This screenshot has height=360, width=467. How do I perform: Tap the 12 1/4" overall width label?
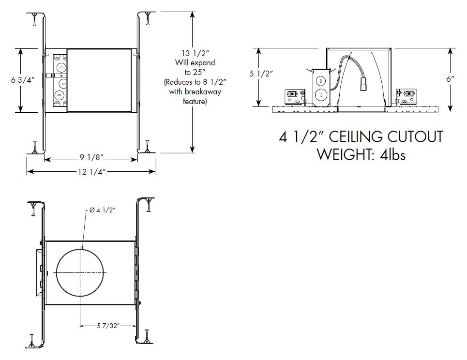coord(90,171)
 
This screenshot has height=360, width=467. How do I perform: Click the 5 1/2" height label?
coord(262,74)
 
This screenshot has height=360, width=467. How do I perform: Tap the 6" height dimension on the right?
coord(450,79)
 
